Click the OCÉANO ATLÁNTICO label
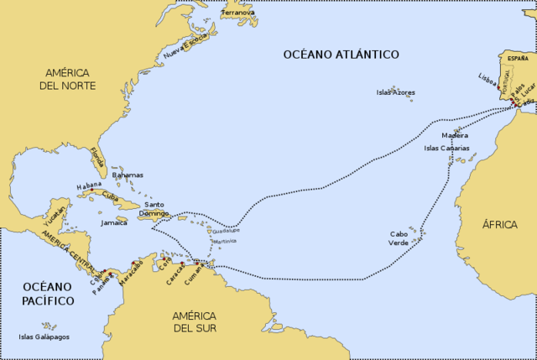(x=340, y=55)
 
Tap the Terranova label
(x=237, y=13)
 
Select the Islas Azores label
(x=395, y=92)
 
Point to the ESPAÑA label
(x=518, y=57)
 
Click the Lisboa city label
(x=487, y=78)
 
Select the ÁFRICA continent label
(x=500, y=225)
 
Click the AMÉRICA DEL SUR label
(x=194, y=322)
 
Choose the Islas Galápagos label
(x=44, y=337)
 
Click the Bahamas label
(x=127, y=175)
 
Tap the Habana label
(x=89, y=185)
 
